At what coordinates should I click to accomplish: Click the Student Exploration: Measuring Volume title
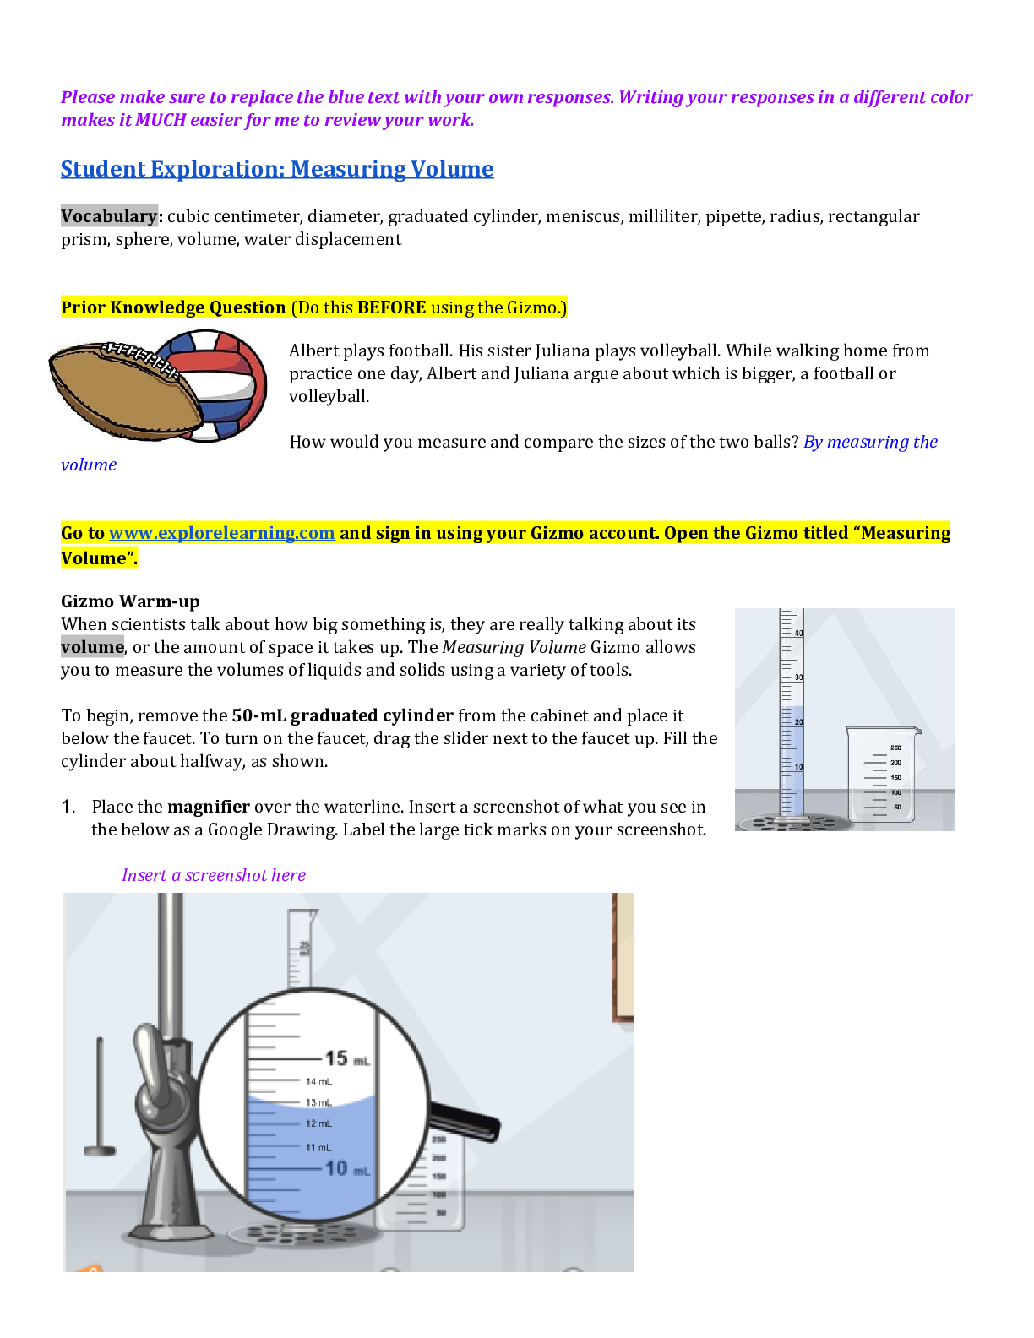277,169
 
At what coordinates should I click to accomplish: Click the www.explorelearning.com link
221,533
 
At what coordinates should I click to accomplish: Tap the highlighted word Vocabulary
109,216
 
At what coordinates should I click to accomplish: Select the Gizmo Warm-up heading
130,601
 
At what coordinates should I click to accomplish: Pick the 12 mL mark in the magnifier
318,1123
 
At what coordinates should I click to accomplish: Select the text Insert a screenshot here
214,875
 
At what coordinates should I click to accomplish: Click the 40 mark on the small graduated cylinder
798,633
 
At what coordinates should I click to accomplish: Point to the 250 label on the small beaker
895,748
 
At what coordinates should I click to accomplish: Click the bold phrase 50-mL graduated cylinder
342,715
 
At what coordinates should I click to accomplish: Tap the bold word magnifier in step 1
208,807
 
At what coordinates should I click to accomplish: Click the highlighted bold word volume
92,647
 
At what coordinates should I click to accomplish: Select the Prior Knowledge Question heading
173,307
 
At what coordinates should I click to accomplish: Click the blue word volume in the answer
89,465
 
